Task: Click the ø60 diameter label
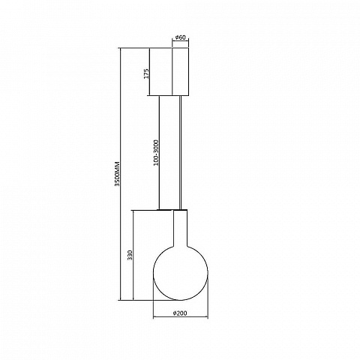pos(181,37)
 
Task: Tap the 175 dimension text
pos(147,73)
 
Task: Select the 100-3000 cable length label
pos(156,153)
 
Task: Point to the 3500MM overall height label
pos(117,174)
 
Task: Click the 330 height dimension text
pos(130,255)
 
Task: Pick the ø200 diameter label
pos(180,313)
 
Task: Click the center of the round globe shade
pos(180,273)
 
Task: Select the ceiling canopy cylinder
pos(180,71)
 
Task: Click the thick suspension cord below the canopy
pos(180,152)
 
